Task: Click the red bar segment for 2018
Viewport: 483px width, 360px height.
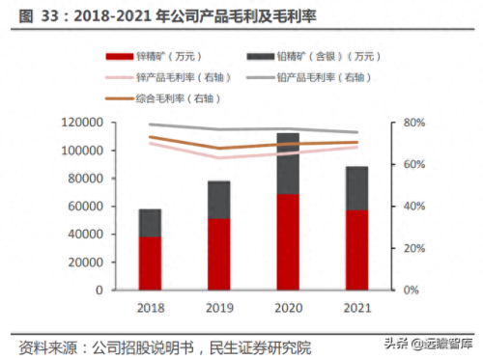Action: (x=150, y=263)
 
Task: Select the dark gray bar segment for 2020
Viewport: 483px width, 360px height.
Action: (x=288, y=164)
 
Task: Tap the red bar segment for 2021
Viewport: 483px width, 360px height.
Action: (x=356, y=250)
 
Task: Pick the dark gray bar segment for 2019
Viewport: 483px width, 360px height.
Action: (x=218, y=200)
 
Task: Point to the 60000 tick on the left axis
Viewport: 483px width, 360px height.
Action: (x=84, y=207)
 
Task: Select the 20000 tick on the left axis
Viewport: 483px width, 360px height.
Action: (x=84, y=263)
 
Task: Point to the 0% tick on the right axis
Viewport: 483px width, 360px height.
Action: (x=411, y=290)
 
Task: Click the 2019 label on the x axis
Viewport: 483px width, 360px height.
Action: (x=218, y=307)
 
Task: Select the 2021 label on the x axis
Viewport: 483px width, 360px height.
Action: (x=356, y=307)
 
